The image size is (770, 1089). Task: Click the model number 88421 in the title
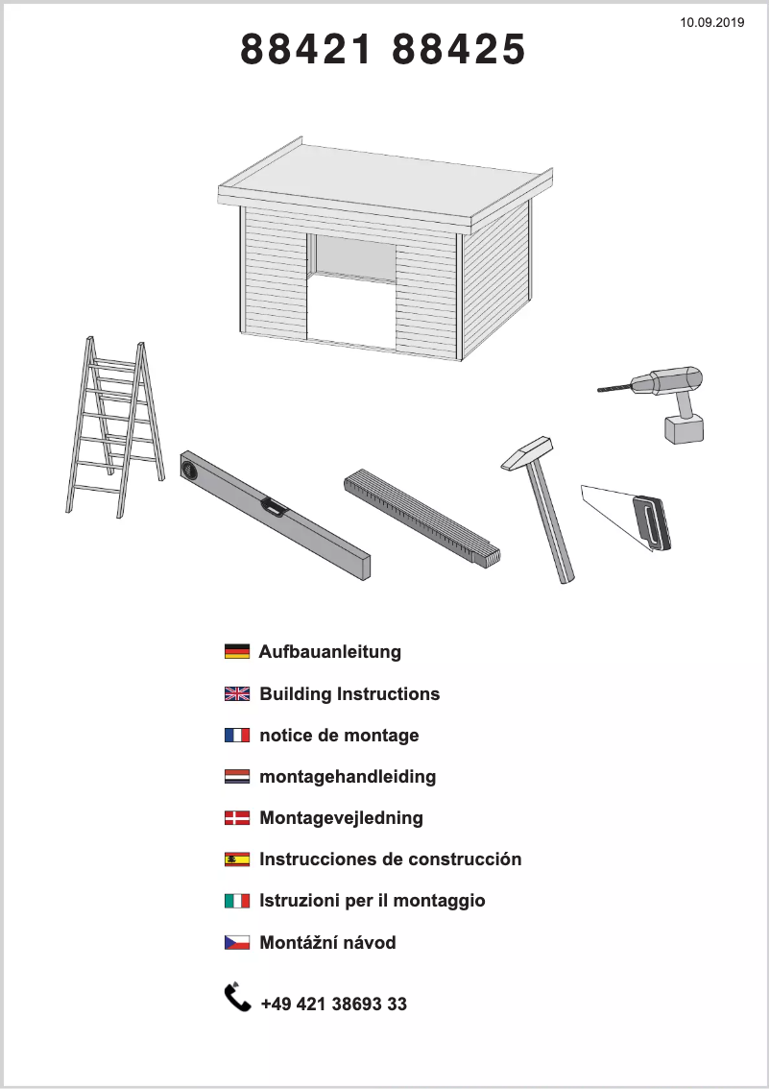click(x=305, y=50)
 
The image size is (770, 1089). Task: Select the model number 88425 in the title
click(x=459, y=50)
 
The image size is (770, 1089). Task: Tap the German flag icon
click(x=237, y=652)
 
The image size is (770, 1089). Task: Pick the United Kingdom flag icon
click(x=237, y=694)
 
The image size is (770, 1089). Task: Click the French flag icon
click(x=237, y=736)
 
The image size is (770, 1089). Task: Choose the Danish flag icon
click(x=237, y=818)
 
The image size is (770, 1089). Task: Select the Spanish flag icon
click(x=237, y=859)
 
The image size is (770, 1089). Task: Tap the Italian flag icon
click(x=237, y=901)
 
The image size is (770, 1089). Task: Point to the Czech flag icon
click(x=237, y=943)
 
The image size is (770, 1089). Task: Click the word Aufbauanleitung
click(x=330, y=652)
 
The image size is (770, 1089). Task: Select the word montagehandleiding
click(x=348, y=777)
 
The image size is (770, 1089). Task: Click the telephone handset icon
click(x=237, y=998)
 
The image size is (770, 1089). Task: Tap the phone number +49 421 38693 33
click(x=333, y=1004)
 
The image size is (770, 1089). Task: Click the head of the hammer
click(x=527, y=452)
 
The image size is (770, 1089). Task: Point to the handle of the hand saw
click(x=651, y=523)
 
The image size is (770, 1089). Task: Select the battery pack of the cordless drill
click(x=684, y=428)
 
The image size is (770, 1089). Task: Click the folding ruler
click(x=422, y=516)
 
